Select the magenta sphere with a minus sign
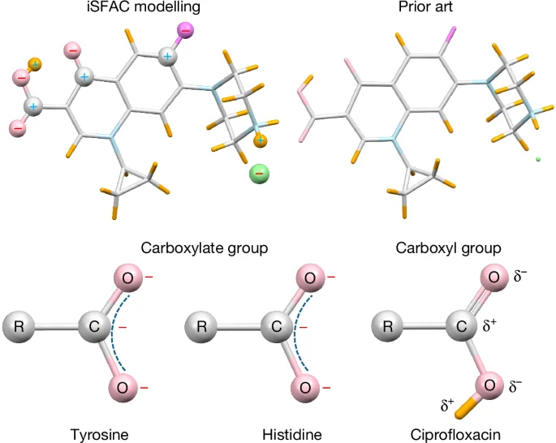coord(185,31)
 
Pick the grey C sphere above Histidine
coord(277,329)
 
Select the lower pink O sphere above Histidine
coord(305,388)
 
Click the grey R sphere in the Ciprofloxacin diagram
coord(389,329)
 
